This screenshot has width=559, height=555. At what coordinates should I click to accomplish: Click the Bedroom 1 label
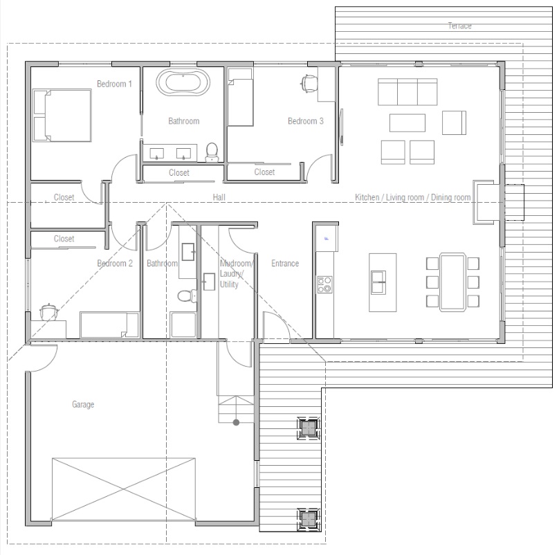click(x=114, y=84)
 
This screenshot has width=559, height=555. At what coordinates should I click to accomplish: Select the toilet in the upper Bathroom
click(x=212, y=152)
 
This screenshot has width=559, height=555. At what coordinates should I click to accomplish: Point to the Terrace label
click(x=459, y=26)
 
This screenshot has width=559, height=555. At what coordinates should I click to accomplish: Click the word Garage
click(x=83, y=404)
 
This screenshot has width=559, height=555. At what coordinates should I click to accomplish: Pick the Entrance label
click(x=285, y=263)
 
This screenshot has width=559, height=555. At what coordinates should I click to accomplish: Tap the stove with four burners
click(x=324, y=284)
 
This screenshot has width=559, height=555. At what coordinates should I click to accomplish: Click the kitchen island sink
click(x=378, y=278)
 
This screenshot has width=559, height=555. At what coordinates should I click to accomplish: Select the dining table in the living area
click(x=453, y=281)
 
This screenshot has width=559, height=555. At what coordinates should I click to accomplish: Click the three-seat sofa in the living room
click(x=407, y=91)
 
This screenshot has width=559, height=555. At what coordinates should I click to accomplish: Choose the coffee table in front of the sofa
click(x=407, y=122)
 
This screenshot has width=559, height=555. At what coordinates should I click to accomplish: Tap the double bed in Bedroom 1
click(x=62, y=114)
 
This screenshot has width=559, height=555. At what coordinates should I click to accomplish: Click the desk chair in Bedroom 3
click(x=309, y=83)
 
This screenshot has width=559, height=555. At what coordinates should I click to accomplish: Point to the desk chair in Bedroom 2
click(x=48, y=311)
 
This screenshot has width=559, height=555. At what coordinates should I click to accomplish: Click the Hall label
click(x=219, y=198)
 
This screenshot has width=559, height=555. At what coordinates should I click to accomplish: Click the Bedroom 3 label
click(x=306, y=121)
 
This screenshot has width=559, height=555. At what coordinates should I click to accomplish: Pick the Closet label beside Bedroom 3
click(x=264, y=172)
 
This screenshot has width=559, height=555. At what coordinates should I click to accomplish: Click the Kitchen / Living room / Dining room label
click(x=412, y=198)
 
